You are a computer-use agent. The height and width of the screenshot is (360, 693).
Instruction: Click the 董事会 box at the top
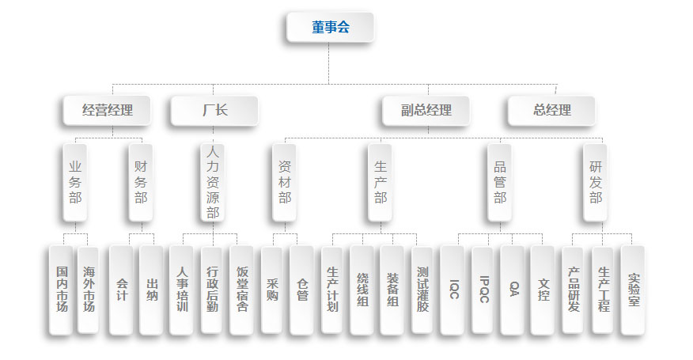coord(330,28)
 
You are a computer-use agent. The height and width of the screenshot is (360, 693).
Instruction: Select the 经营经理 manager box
coord(108,111)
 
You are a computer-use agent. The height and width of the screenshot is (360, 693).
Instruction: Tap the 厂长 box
coord(214,111)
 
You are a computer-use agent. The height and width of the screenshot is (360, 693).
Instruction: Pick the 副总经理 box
coord(426,111)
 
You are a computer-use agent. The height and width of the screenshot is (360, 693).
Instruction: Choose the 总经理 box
coord(551,111)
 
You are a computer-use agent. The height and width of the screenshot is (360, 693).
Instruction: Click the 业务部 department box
coord(75,182)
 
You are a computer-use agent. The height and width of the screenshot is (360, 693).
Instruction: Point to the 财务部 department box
coord(141,182)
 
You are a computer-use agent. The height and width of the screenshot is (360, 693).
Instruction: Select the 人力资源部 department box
coord(212,181)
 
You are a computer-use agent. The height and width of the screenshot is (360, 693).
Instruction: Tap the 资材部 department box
coord(285,182)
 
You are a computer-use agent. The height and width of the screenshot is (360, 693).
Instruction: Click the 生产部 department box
coord(381,182)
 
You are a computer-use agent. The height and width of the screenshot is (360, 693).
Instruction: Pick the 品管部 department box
coord(500,182)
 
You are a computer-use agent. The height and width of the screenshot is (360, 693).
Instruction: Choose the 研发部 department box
coord(596,182)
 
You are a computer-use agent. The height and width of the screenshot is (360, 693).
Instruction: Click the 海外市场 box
coord(89,290)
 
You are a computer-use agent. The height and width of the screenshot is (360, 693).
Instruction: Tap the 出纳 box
coord(152,290)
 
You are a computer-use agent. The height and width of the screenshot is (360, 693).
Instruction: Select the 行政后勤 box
coord(212,290)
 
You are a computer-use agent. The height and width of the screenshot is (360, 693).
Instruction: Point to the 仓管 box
coord(302,290)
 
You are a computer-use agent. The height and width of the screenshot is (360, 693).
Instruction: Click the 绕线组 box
coord(362,290)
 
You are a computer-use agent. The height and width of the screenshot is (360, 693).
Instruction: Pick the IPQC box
coord(484,290)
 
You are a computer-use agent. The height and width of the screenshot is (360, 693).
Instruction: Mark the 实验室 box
coord(633,290)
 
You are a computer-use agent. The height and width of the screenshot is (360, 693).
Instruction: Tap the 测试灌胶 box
coord(422,290)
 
